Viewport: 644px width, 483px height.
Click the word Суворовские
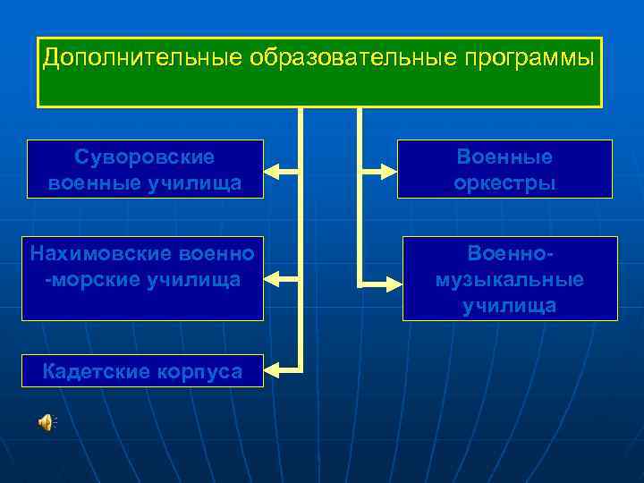tap(145, 157)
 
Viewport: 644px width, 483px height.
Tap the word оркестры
tap(504, 183)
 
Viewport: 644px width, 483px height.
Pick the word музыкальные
tap(510, 279)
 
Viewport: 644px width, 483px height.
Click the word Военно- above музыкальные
tap(510, 254)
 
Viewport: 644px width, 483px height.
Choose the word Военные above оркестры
tap(504, 157)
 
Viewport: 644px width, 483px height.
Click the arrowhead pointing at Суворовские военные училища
tap(272, 168)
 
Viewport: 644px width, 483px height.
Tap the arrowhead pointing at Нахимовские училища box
tap(272, 279)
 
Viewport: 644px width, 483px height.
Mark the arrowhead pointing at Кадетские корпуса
tap(272, 367)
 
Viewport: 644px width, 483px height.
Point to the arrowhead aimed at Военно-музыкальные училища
tap(394, 284)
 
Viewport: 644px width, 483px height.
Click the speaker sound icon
tap(45, 423)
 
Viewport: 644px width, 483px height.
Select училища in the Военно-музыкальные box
tap(510, 305)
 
